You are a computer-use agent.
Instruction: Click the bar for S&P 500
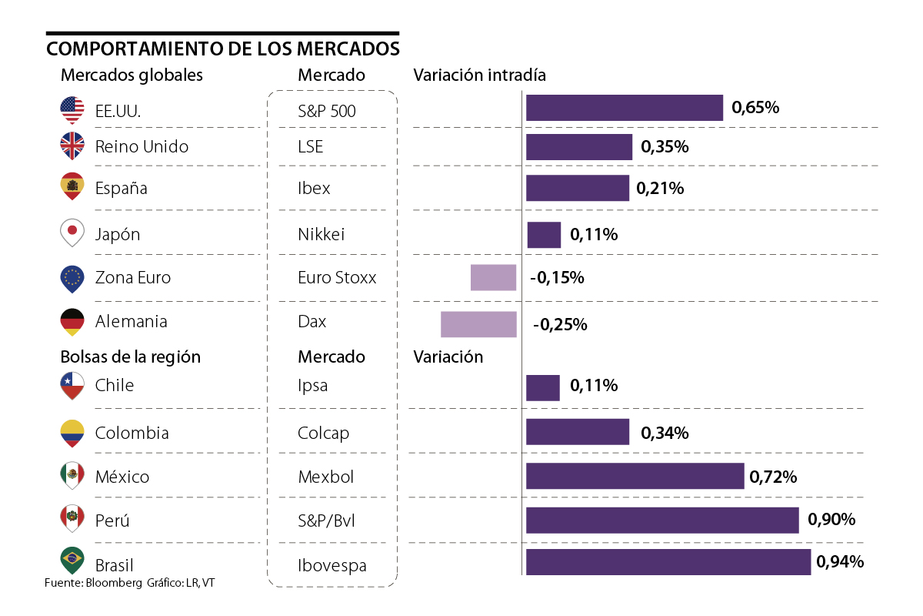pos(624,108)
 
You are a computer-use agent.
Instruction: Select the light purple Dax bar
pos(478,324)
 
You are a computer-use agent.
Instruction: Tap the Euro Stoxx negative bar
pos(493,277)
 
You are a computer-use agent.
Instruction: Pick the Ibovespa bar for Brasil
pos(668,562)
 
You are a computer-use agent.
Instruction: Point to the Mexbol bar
pos(635,476)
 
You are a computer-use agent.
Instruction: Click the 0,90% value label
pos(831,520)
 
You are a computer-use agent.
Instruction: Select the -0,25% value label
pos(560,325)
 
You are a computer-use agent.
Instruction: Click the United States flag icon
pos(72,110)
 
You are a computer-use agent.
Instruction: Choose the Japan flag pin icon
pos(72,233)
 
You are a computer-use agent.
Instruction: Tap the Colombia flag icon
pos(72,433)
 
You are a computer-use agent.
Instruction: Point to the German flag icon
pos(72,321)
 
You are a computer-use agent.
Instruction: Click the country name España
pos(121,188)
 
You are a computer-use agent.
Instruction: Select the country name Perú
pos(112,521)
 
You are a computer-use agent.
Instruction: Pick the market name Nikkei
pos(321,234)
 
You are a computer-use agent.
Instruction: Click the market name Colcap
pos(323,433)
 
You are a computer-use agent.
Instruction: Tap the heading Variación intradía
pos(479,75)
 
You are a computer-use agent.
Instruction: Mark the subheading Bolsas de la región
pos(130,357)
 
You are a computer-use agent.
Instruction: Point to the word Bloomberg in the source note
pos(114,583)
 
